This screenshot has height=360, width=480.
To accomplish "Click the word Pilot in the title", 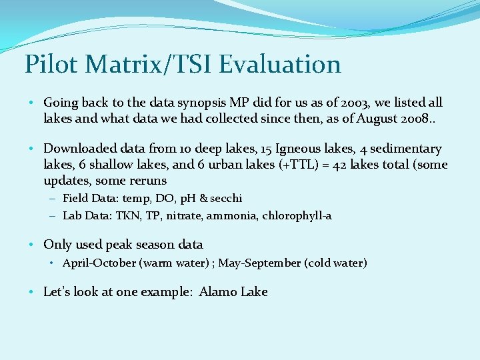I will click(x=51, y=65).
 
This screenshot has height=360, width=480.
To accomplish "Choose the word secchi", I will click(x=226, y=199).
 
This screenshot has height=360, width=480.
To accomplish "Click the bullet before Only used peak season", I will click(x=33, y=245).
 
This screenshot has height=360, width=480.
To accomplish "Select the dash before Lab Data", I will click(x=52, y=216).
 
